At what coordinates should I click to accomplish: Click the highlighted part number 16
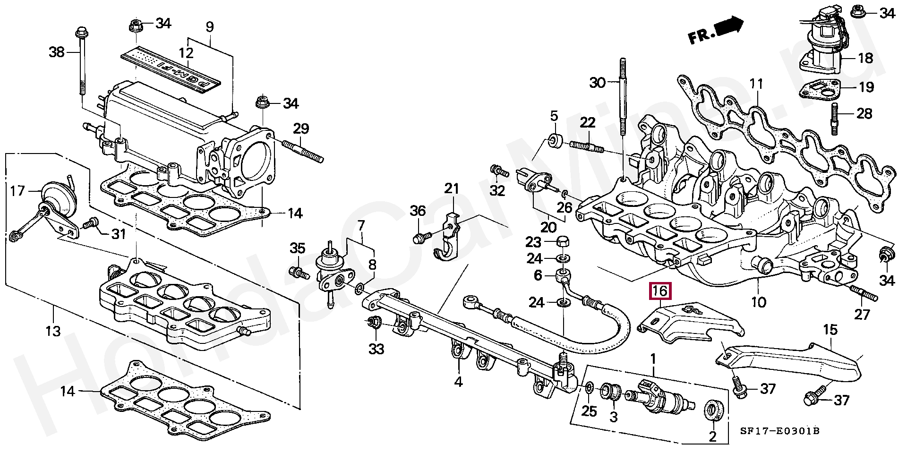660,291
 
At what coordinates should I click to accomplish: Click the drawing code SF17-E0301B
780,431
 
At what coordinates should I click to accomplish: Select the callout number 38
57,51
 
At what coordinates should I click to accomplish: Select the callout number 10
758,301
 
